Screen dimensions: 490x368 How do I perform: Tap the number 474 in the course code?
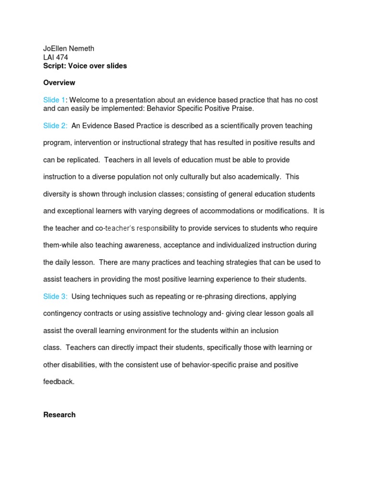click(x=62, y=57)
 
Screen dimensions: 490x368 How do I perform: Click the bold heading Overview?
click(x=59, y=83)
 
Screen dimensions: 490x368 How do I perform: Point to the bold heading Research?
click(x=59, y=415)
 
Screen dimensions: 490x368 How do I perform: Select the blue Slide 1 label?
click(x=54, y=100)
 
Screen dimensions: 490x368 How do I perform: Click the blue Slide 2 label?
click(x=55, y=126)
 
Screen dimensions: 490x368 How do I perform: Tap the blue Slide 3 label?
click(x=55, y=297)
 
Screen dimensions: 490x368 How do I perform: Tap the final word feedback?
click(x=59, y=382)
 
